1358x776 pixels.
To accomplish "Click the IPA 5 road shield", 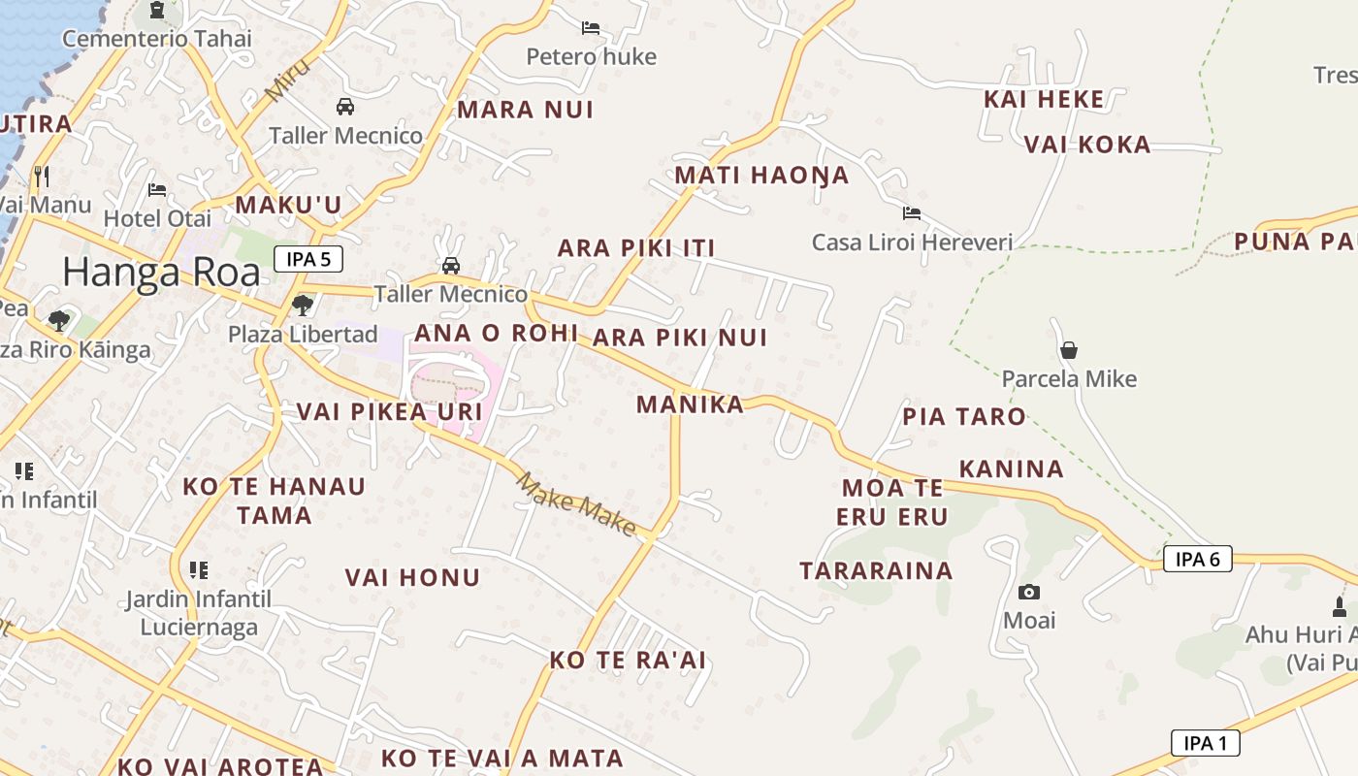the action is pos(308,259).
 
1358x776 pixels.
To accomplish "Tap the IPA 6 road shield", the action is pos(1197,559).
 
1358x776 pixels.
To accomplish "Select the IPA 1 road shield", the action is pos(1205,743).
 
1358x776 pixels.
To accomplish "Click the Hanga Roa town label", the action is pos(162,273).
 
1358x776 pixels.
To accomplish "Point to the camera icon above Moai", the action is pos(1029,592).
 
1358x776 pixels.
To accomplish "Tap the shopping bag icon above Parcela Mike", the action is pos(1069,350).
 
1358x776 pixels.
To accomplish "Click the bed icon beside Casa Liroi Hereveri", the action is pos(911,213).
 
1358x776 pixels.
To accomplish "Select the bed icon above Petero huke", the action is pos(591,28).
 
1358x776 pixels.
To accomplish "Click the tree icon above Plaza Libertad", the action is pos(303,306).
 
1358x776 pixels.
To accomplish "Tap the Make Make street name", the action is pos(575,503).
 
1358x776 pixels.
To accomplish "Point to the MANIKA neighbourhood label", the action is pos(690,404).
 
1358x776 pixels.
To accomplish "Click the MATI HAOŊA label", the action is pos(761,176).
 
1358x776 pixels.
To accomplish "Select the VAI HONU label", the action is pos(412,578).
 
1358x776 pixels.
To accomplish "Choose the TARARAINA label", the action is pos(876,570).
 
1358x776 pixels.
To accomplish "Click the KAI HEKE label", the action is pos(1044,99).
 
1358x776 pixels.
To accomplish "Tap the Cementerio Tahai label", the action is pos(157,39).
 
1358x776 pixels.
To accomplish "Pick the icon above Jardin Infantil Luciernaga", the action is pos(199,570).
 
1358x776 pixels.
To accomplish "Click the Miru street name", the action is pos(288,80).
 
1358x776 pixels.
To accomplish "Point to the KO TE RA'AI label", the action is pos(628,661).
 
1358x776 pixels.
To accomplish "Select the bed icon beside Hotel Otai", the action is pos(157,190).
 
